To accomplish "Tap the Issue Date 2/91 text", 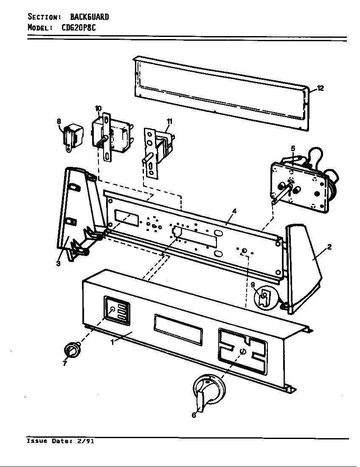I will pyautogui.click(x=60, y=441).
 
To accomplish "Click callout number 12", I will pyautogui.click(x=320, y=88).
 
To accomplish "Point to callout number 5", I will pyautogui.click(x=293, y=149).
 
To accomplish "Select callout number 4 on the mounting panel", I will pyautogui.click(x=234, y=211).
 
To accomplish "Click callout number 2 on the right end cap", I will pyautogui.click(x=329, y=247).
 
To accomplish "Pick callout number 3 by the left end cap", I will pyautogui.click(x=58, y=263).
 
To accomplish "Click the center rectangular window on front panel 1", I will pyautogui.click(x=178, y=328).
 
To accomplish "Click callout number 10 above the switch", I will pyautogui.click(x=98, y=109).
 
